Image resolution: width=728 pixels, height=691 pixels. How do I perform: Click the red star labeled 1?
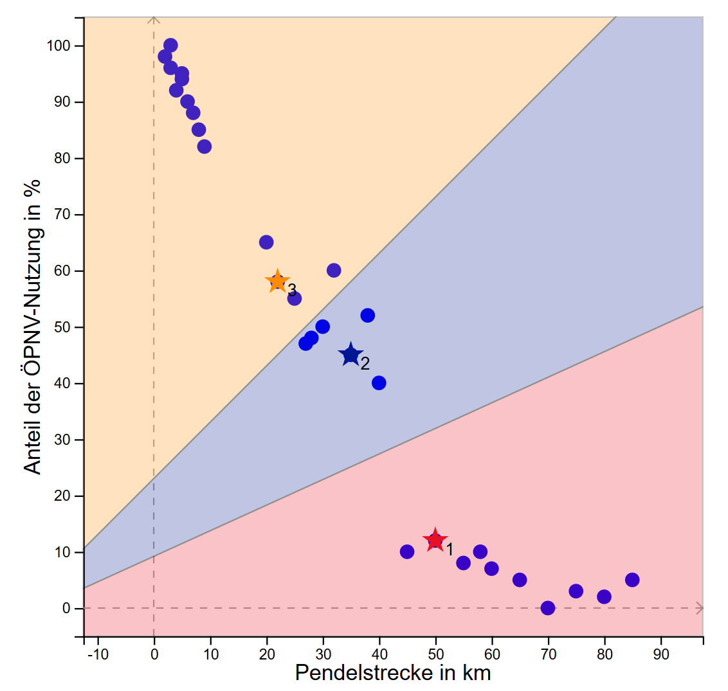pyautogui.click(x=435, y=541)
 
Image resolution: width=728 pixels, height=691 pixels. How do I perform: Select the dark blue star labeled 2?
pyautogui.click(x=350, y=354)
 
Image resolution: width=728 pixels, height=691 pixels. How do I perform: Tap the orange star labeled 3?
pyautogui.click(x=277, y=282)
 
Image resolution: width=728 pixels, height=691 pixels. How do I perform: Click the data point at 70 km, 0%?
pyautogui.click(x=548, y=608)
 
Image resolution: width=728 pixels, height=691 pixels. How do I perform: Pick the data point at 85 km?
pyautogui.click(x=632, y=580)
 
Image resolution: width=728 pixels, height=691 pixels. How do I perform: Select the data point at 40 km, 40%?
pyautogui.click(x=379, y=383)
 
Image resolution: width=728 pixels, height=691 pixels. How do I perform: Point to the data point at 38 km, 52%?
pyautogui.click(x=368, y=316)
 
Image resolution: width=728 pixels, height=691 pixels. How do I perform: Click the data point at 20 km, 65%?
pyautogui.click(x=266, y=242)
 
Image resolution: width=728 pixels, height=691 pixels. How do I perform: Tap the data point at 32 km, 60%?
pyautogui.click(x=334, y=271)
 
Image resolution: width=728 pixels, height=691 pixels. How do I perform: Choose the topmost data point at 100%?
pyautogui.click(x=170, y=46)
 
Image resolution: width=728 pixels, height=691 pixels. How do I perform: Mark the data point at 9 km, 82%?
pyautogui.click(x=205, y=147)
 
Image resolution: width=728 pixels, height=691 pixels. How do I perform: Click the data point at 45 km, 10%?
pyautogui.click(x=407, y=552)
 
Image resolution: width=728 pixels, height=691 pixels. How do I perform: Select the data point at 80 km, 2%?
pyautogui.click(x=604, y=597)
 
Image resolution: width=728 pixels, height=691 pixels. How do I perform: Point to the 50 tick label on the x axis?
pyautogui.click(x=435, y=654)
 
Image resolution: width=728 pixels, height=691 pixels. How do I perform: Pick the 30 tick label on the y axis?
pyautogui.click(x=63, y=440)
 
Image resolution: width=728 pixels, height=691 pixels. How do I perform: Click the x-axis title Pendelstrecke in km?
pyautogui.click(x=393, y=673)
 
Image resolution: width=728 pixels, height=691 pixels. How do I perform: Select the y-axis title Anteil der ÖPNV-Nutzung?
pyautogui.click(x=33, y=326)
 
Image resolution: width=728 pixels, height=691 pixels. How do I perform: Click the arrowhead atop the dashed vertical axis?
pyautogui.click(x=154, y=20)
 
